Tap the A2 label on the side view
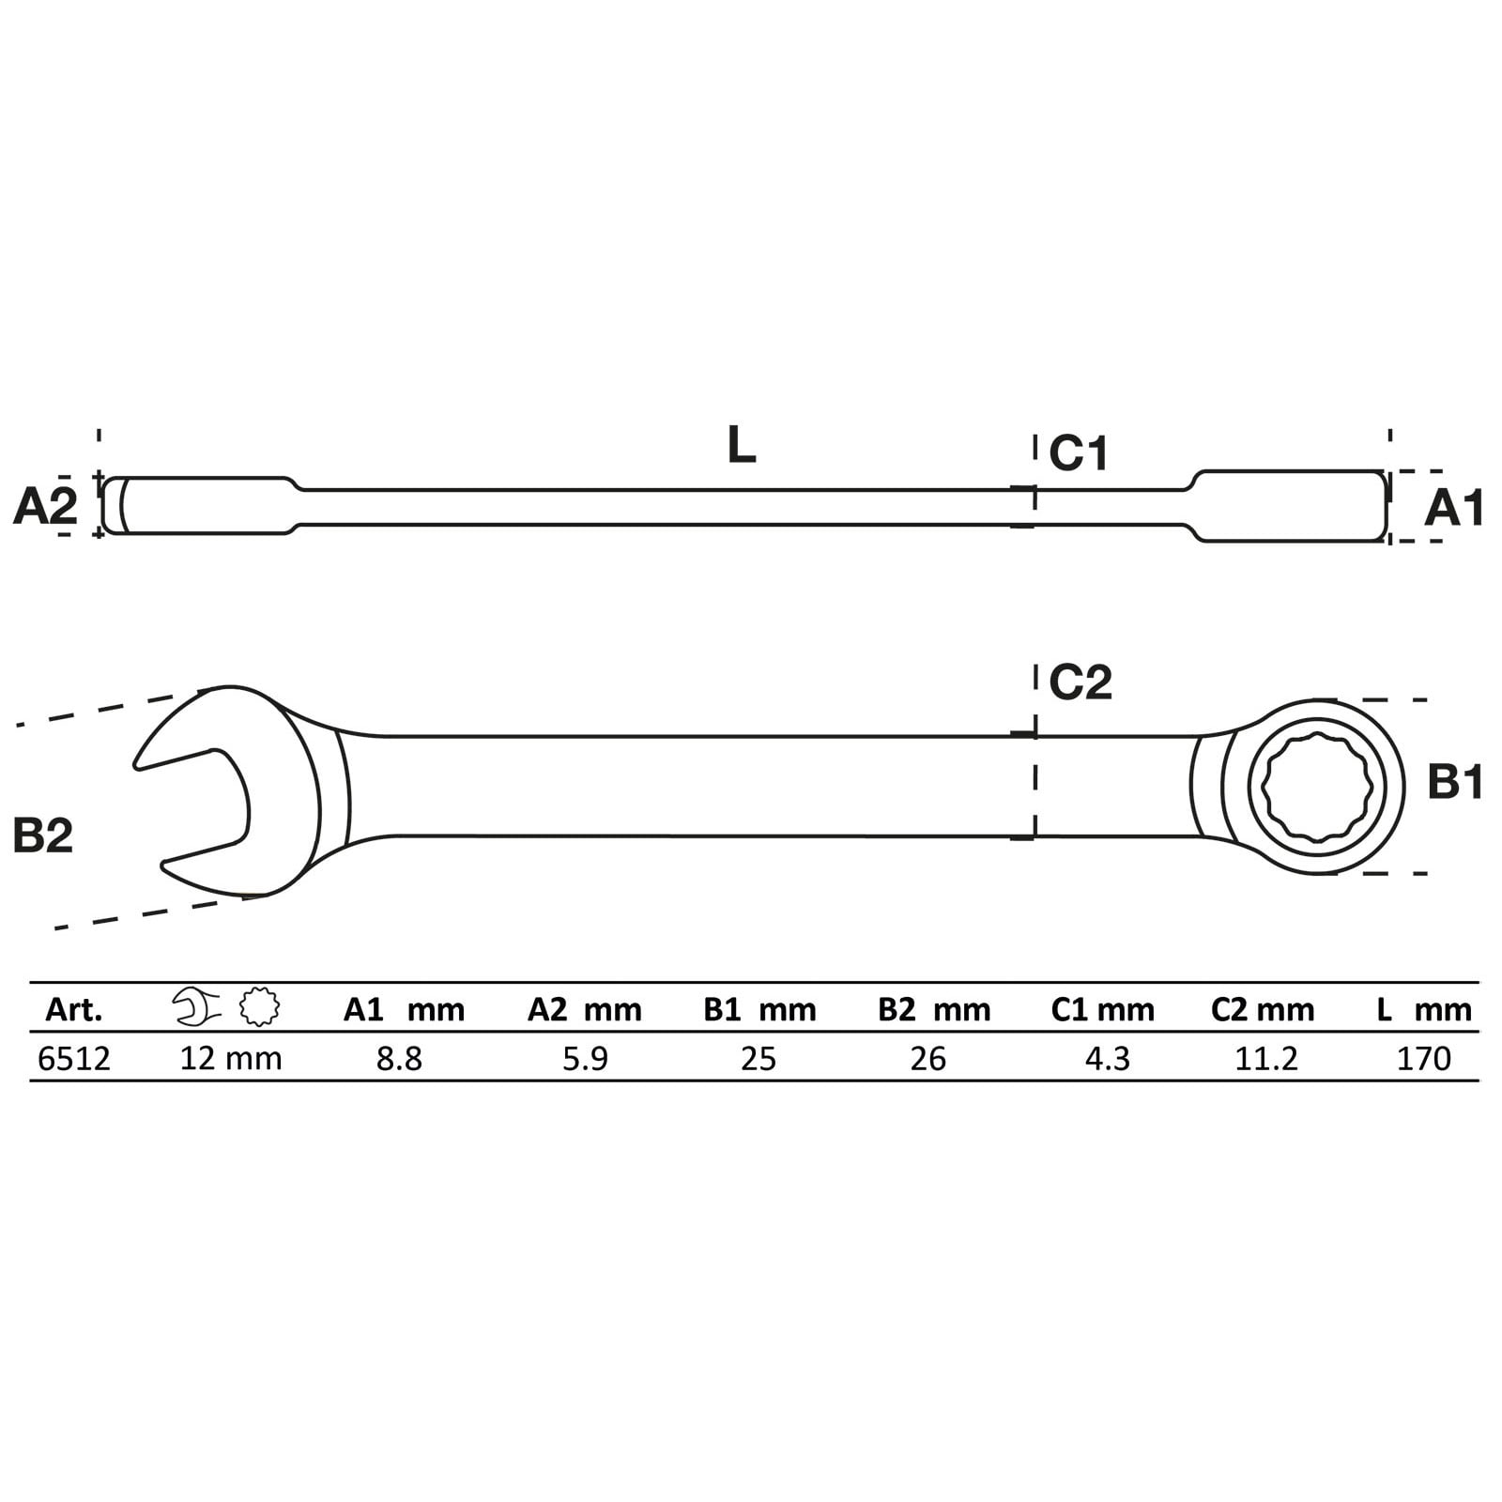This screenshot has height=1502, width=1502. pyautogui.click(x=45, y=507)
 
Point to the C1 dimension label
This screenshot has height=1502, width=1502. pyautogui.click(x=1079, y=453)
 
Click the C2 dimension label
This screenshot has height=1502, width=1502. pyautogui.click(x=1081, y=682)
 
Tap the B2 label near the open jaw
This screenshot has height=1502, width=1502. pyautogui.click(x=43, y=835)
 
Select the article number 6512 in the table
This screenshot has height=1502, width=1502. pyautogui.click(x=74, y=1059)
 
